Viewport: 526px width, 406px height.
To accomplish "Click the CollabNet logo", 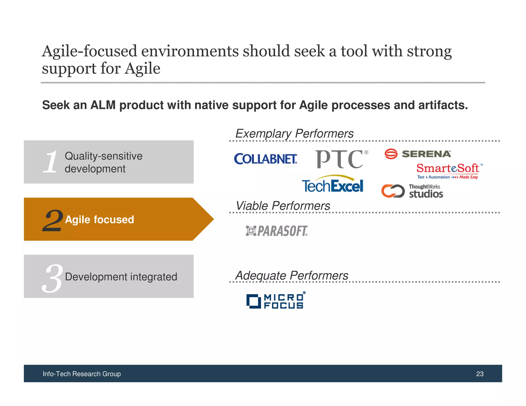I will coord(266,159).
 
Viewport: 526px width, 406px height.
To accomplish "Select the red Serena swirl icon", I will coord(391,154).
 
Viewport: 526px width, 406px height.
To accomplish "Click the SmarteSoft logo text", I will coord(448,169).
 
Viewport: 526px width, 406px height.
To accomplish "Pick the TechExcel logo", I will coord(333,185).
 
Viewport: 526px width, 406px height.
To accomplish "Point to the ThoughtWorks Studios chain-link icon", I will coord(393,191).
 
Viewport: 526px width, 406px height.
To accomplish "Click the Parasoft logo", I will coord(277,231).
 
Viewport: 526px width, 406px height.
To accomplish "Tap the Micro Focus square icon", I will coord(253,301).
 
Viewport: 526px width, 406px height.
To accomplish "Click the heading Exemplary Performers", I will coord(294,134).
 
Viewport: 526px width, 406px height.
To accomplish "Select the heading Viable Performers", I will coord(283,206).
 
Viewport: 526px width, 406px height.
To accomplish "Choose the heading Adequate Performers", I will coord(292,276).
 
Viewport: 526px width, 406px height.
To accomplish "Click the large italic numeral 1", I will coord(51,162).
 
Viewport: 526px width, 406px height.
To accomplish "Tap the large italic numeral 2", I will coord(53,220).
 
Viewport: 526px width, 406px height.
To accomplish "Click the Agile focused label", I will coord(99,220).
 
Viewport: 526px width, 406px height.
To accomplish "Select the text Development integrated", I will coord(121,277).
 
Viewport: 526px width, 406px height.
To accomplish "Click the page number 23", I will coord(480,374).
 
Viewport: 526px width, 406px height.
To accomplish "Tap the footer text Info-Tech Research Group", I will coord(82,374).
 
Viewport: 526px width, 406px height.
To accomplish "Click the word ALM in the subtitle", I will coord(103,105).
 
